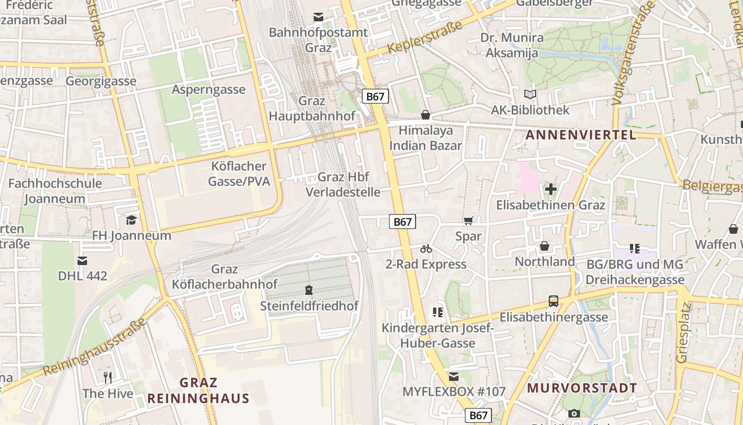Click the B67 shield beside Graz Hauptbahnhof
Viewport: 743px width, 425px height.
(376, 96)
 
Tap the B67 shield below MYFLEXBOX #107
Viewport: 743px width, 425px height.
(478, 415)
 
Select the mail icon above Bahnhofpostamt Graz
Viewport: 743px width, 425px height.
(318, 17)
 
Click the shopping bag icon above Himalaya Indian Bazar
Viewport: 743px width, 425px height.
(425, 114)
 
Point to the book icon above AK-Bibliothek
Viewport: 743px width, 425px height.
(530, 95)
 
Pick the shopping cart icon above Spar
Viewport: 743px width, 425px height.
(468, 220)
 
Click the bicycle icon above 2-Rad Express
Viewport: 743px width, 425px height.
(426, 248)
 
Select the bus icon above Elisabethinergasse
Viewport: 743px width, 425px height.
(554, 301)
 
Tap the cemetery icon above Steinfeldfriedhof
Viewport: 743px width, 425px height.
(309, 290)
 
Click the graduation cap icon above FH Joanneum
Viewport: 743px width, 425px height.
(131, 219)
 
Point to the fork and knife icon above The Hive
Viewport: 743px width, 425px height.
(108, 378)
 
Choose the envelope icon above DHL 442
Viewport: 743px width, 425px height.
(82, 260)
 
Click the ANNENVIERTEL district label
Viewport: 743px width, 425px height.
(581, 135)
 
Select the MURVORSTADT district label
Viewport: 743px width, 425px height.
(582, 388)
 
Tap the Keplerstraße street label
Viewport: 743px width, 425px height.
(421, 37)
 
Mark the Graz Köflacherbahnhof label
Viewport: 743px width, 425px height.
(224, 277)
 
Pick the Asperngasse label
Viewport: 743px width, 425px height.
(209, 89)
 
